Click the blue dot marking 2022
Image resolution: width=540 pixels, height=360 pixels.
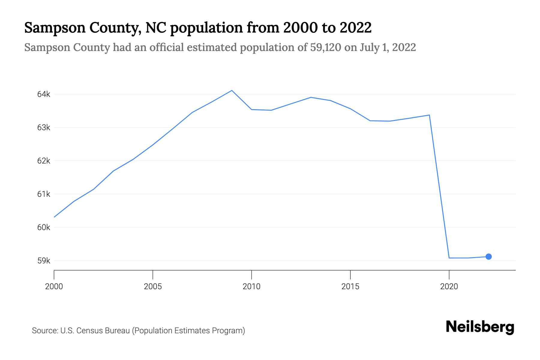pos(488,256)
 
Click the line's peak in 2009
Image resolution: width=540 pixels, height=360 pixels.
pos(232,90)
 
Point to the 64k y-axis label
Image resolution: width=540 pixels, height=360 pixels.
pos(43,94)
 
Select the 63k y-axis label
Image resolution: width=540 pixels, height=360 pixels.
pos(43,127)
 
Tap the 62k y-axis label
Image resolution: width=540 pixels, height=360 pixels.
pos(43,161)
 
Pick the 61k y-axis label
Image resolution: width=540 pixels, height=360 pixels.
pos(43,194)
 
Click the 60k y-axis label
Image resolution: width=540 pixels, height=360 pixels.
pos(43,227)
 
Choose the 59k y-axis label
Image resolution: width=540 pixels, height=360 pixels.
pos(43,261)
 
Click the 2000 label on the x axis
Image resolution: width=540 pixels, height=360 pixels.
pos(54,286)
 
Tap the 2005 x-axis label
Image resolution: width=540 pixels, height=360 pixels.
pos(153,286)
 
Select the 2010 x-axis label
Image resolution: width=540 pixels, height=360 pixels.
pos(251,286)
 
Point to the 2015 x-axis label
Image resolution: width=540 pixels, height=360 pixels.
pos(350,286)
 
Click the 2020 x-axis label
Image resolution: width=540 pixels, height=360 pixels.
pos(449,286)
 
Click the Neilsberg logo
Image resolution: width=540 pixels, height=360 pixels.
pos(480,327)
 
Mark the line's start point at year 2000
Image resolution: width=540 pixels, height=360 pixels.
pos(54,217)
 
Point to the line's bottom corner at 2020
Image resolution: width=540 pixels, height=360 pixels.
pos(449,258)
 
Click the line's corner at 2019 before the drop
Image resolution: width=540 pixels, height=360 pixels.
pos(429,115)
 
